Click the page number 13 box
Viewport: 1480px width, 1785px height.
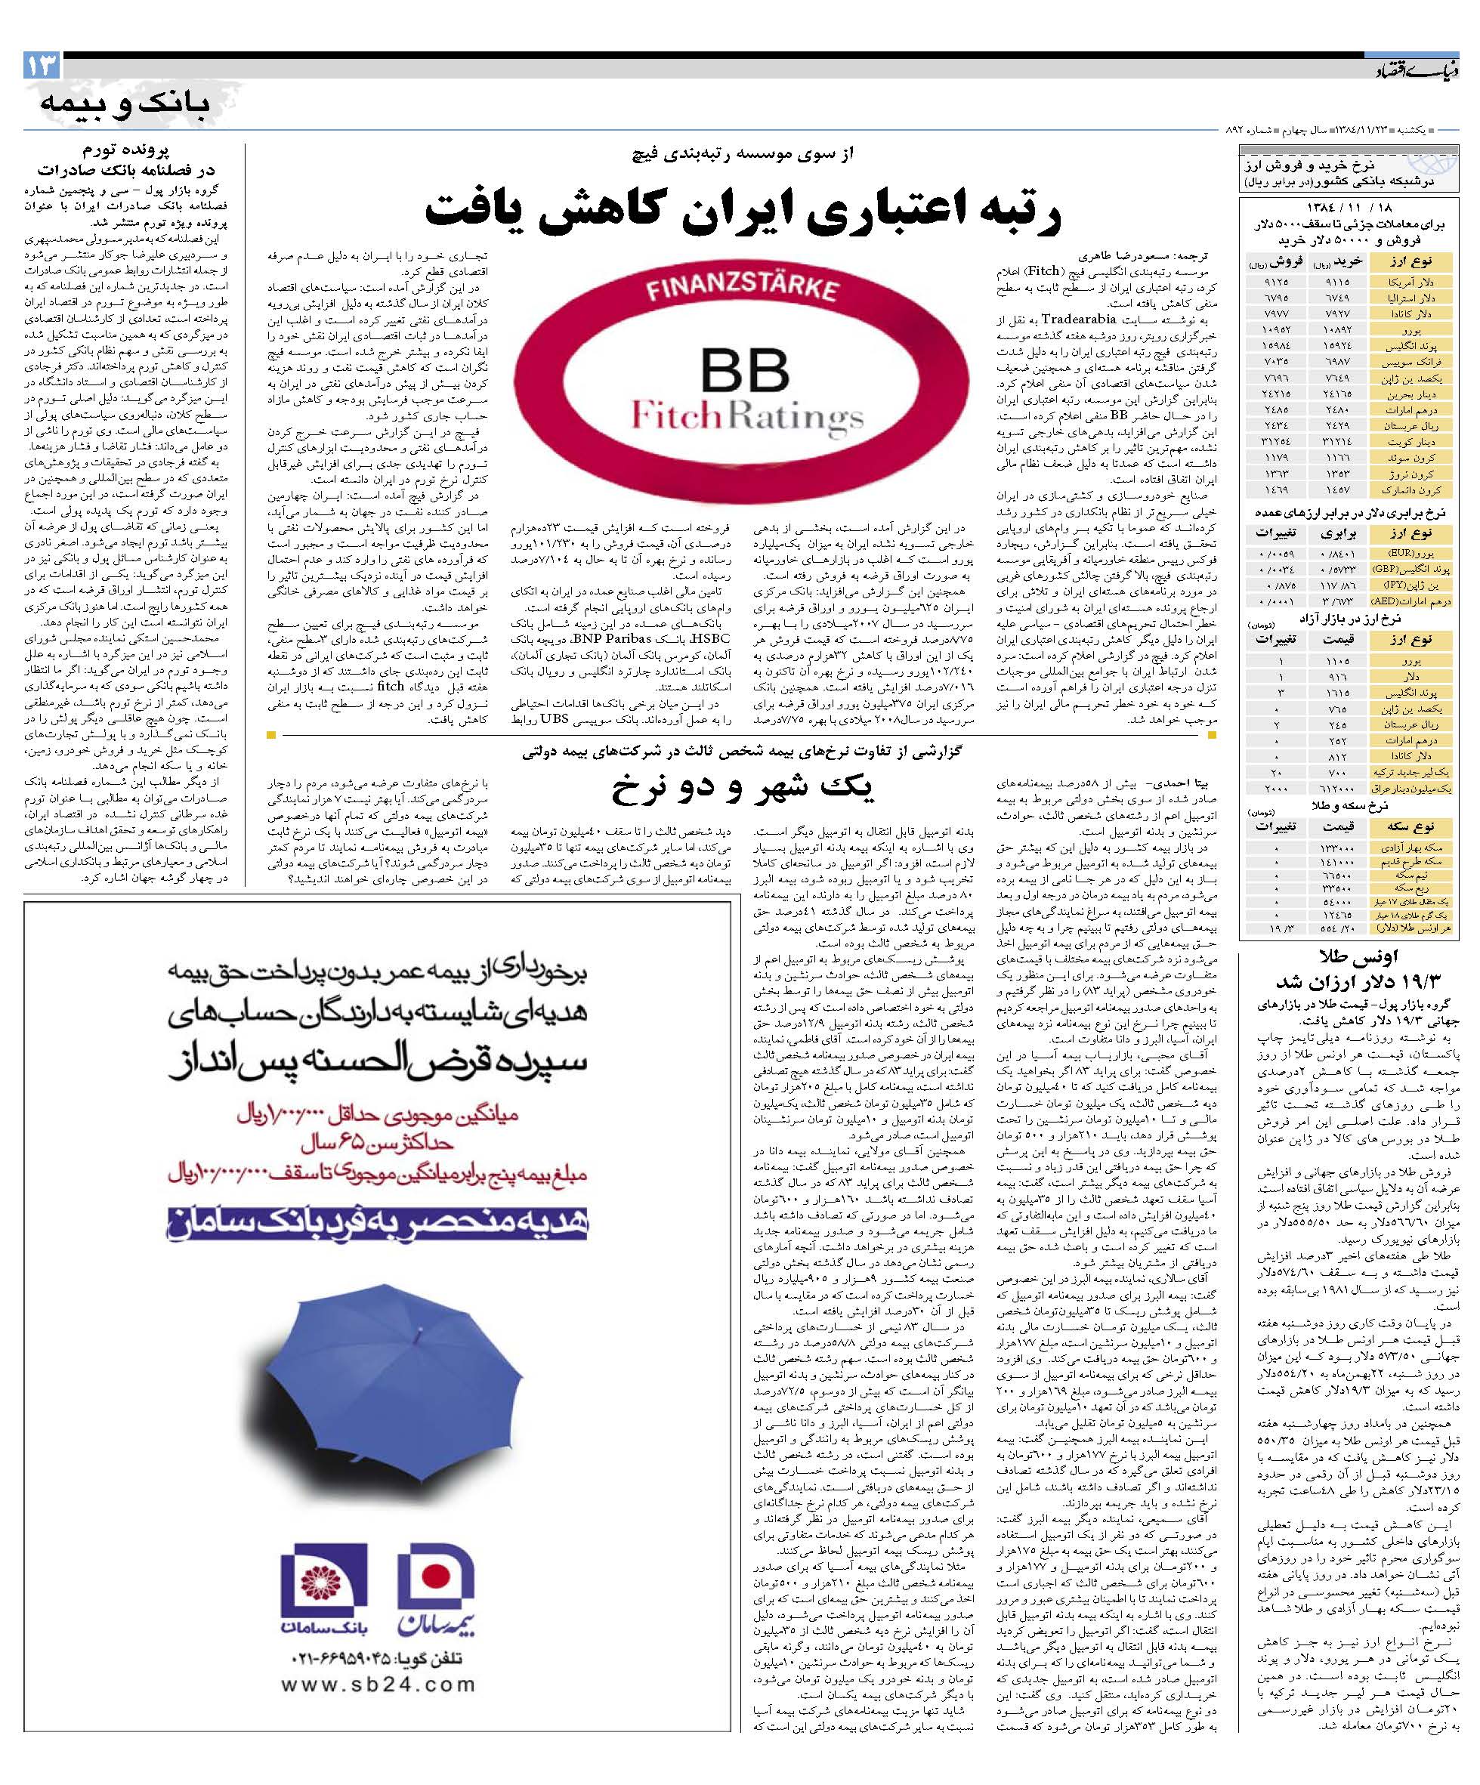[42, 66]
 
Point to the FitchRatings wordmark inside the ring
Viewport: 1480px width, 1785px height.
[746, 416]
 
